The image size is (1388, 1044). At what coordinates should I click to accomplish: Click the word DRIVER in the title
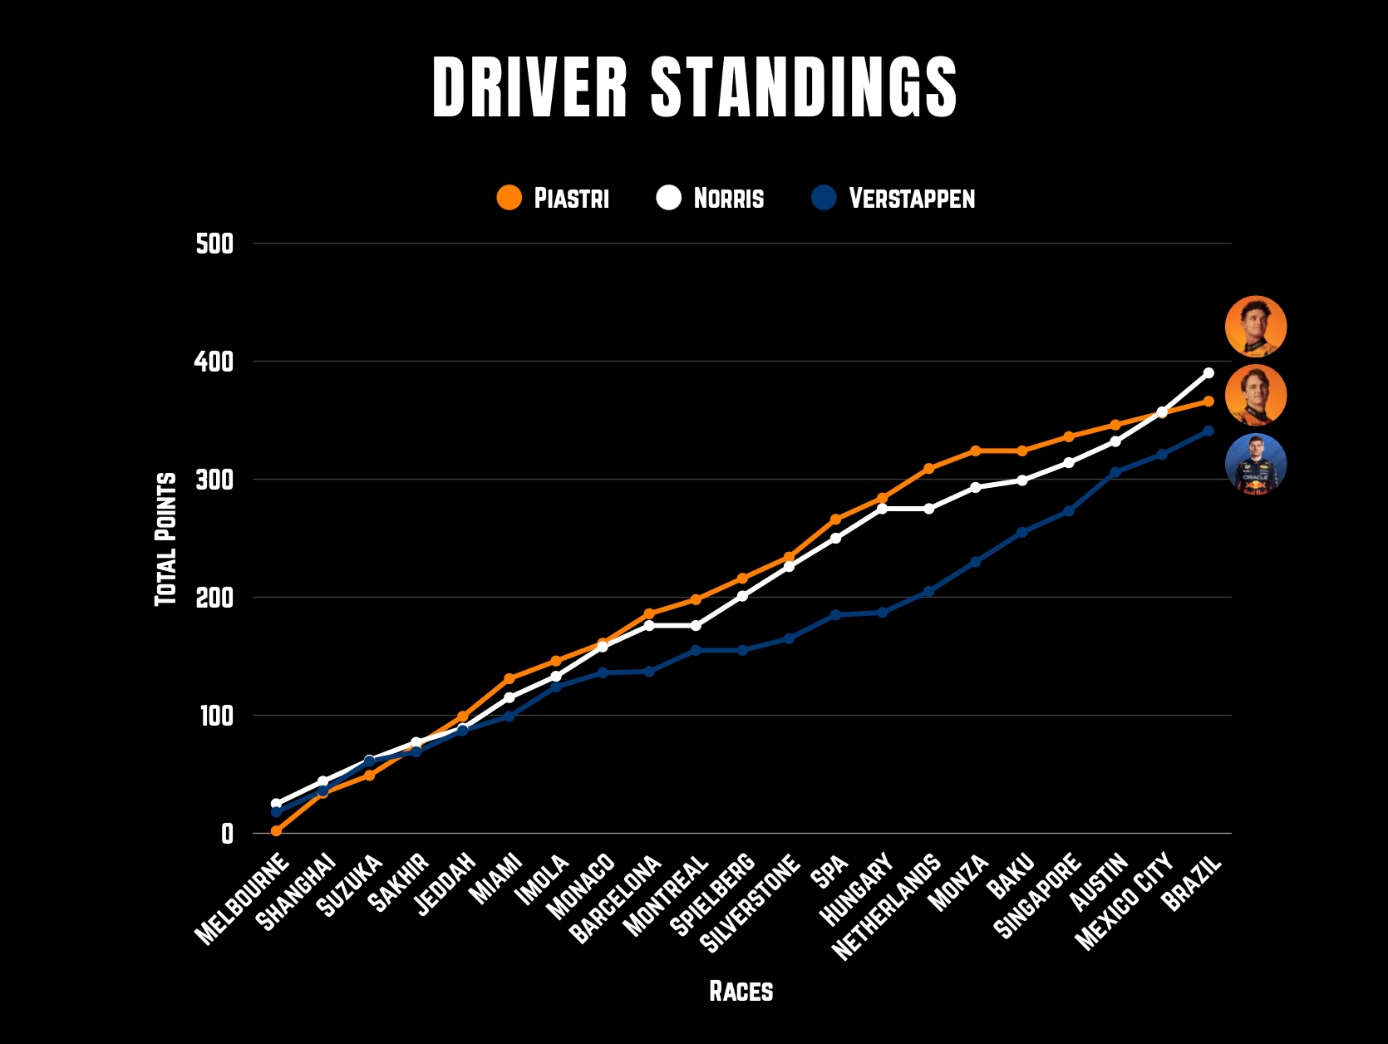click(x=530, y=86)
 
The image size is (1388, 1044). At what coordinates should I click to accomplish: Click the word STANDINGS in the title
click(x=804, y=86)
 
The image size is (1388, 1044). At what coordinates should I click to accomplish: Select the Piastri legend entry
click(x=553, y=198)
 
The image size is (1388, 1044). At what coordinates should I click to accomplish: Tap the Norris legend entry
click(x=711, y=198)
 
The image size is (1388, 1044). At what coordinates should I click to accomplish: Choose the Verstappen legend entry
click(x=893, y=198)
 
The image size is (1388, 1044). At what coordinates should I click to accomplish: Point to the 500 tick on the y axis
click(x=214, y=244)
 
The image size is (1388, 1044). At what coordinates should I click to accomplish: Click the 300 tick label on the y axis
click(x=214, y=480)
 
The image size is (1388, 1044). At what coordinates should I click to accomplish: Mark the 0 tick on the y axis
click(x=227, y=834)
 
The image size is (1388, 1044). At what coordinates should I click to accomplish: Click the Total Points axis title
click(x=166, y=539)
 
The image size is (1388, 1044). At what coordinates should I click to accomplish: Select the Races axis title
click(x=741, y=991)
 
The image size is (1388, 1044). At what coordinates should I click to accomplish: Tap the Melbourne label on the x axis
click(x=242, y=899)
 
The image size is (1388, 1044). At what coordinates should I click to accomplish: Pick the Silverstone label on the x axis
click(x=750, y=903)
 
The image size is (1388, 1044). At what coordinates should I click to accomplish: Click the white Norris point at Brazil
click(x=1208, y=372)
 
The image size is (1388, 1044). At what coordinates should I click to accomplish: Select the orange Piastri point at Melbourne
click(x=276, y=831)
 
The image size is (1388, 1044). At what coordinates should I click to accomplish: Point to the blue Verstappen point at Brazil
click(x=1208, y=431)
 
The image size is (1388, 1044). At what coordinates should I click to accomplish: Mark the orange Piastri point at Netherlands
click(x=928, y=469)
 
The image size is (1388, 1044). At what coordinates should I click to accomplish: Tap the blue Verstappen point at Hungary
click(x=882, y=613)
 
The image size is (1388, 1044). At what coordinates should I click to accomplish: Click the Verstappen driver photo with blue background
click(x=1256, y=465)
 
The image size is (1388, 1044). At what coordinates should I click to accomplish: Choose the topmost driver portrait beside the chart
click(x=1256, y=327)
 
